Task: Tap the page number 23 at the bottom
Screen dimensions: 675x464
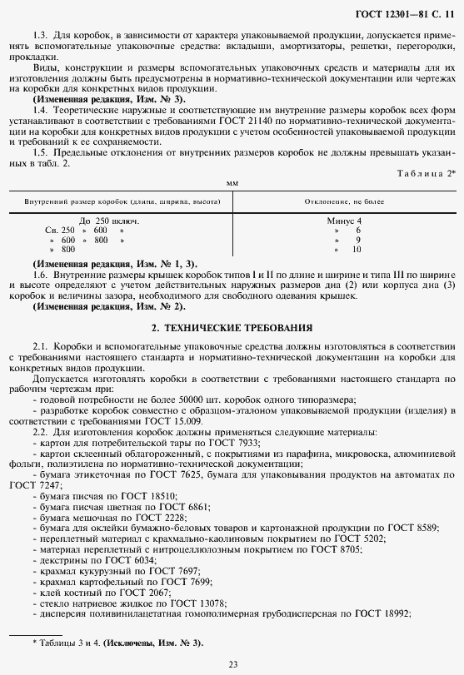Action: coord(232,663)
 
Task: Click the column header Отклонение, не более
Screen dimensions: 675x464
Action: coord(342,201)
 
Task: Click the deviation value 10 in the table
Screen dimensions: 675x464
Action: coord(357,249)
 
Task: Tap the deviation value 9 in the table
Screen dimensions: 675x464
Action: coord(357,240)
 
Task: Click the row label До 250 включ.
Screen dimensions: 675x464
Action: coord(109,221)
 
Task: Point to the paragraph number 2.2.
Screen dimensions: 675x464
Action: coord(40,432)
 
